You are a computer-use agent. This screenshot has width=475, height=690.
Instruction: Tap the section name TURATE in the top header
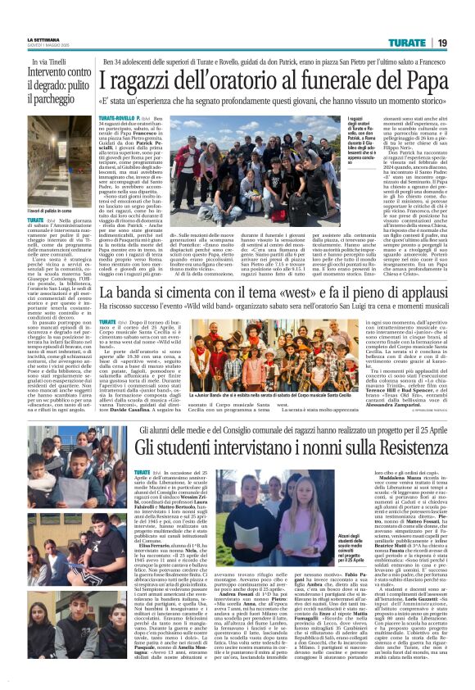click(405, 42)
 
